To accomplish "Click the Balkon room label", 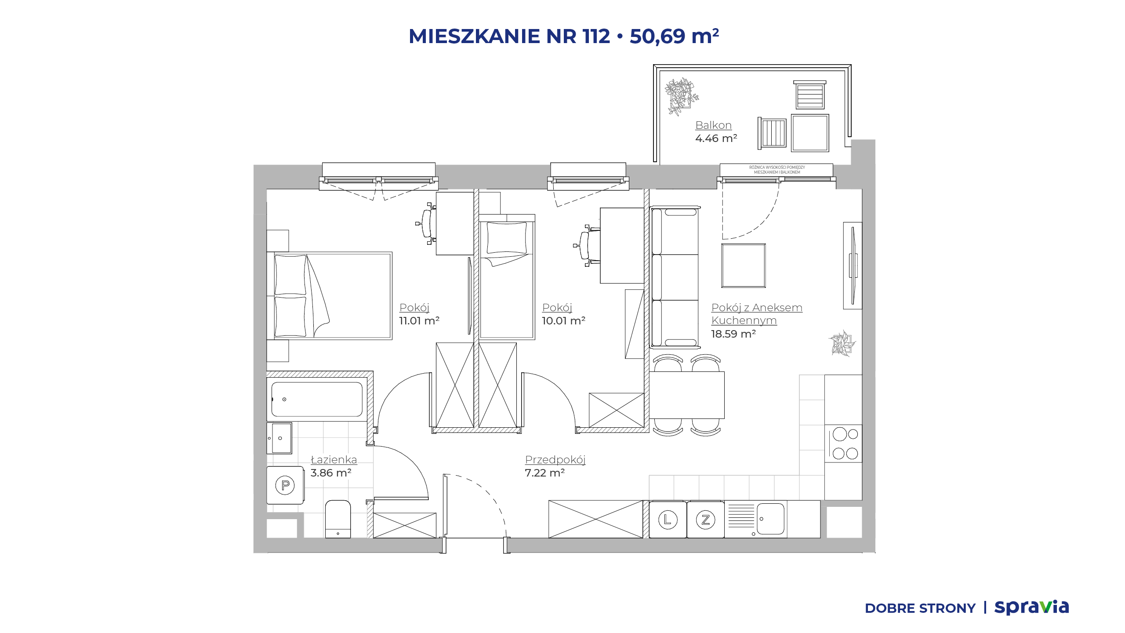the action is click(713, 125).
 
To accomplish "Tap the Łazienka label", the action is click(334, 460).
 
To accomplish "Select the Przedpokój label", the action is click(555, 460).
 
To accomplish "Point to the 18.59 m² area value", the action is click(733, 334).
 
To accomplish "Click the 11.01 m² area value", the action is click(419, 321).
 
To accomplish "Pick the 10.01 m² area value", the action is click(563, 321).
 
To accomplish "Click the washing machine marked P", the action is click(285, 485).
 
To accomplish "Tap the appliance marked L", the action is click(668, 520).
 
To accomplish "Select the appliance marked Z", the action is click(705, 520).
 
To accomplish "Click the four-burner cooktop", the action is click(844, 444).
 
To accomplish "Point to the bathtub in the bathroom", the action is click(317, 399).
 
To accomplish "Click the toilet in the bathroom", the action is click(338, 519).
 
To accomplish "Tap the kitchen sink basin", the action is click(770, 519).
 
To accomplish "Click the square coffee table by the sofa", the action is click(744, 266).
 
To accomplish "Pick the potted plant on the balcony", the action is click(681, 97).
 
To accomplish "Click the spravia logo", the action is click(1031, 608).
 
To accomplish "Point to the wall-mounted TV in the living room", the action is click(853, 266).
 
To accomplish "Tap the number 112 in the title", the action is click(596, 36).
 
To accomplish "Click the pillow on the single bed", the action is click(507, 238).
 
